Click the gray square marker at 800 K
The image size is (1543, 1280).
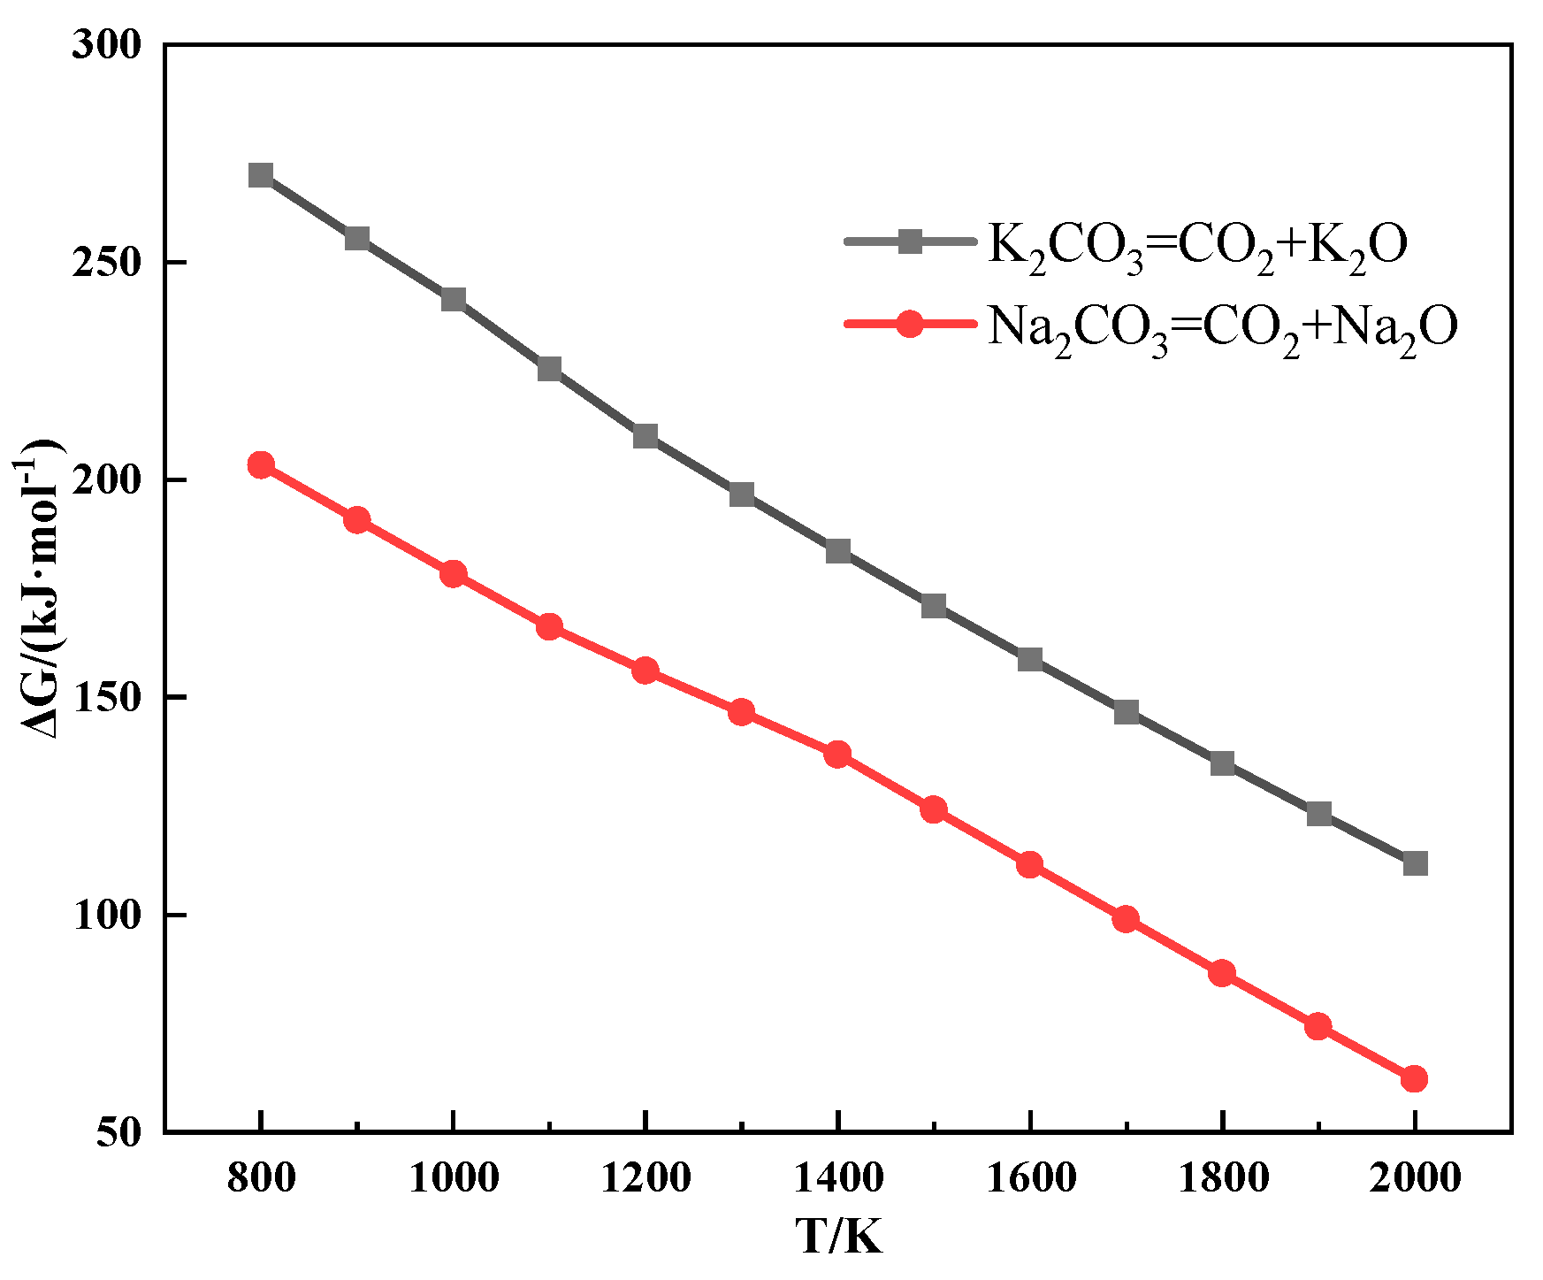[x=261, y=175]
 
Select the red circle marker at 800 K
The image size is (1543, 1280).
[x=261, y=464]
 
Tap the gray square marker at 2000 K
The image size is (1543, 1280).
[x=1415, y=863]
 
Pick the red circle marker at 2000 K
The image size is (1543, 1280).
[x=1414, y=1078]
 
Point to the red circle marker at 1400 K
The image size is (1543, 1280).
[x=837, y=755]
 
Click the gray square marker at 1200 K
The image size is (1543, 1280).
[x=645, y=436]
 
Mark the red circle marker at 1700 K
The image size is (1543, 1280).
[x=1126, y=919]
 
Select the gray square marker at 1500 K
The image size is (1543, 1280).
[x=934, y=606]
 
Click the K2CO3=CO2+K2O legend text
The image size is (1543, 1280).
[x=1196, y=245]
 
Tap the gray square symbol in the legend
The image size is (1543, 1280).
[x=910, y=241]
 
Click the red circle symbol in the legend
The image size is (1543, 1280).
[x=910, y=324]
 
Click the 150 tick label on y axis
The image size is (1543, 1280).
[x=107, y=697]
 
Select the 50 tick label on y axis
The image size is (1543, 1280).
[x=118, y=1132]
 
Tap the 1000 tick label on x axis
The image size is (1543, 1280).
[x=453, y=1178]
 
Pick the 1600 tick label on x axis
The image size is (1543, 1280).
[x=1030, y=1178]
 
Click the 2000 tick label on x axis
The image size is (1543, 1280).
[x=1415, y=1178]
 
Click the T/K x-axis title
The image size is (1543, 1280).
[x=838, y=1237]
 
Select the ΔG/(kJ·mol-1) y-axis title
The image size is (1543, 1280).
[x=42, y=587]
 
